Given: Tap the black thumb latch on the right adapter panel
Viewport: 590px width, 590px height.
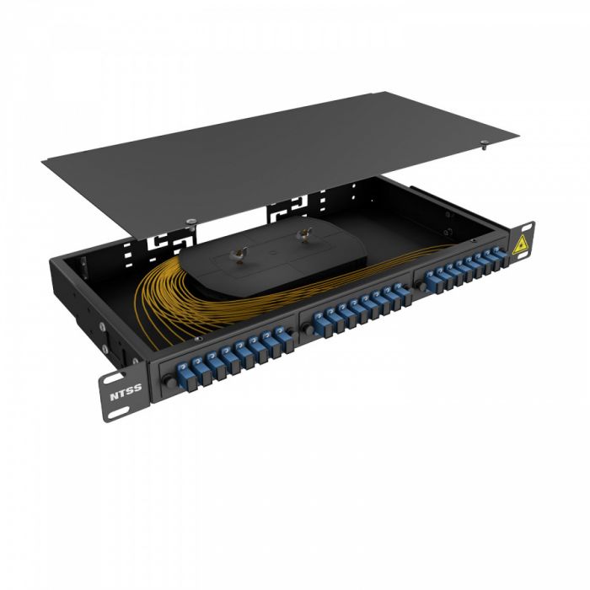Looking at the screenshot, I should click(418, 286).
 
